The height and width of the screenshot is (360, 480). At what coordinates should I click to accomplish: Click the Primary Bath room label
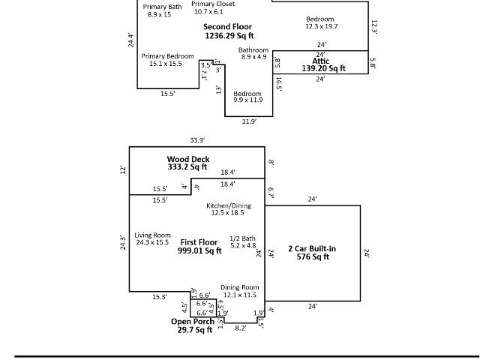pos(162,10)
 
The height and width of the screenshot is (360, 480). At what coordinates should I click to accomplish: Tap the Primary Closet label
pos(213,7)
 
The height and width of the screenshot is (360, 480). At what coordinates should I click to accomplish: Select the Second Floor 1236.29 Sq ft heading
pos(228,31)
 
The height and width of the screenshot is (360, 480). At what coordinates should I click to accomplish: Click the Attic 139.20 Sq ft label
pos(323,64)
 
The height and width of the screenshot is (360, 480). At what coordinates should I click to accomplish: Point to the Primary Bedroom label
pos(167,60)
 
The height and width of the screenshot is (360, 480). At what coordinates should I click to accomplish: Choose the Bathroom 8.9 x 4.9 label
pos(253,53)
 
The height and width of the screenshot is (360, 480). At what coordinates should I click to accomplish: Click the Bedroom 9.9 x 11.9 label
pos(247,97)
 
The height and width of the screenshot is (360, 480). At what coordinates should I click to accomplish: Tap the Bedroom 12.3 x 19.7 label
pos(321,22)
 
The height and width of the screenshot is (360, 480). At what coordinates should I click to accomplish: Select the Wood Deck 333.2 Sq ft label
pos(188,163)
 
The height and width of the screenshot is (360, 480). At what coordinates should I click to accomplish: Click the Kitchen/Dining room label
pos(228,209)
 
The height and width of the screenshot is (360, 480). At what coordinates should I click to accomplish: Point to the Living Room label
pos(152,238)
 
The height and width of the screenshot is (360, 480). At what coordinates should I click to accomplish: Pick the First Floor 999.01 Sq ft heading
pos(199,247)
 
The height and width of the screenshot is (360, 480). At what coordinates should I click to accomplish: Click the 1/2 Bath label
pos(243,241)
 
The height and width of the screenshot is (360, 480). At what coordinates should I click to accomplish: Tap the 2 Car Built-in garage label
pos(312,253)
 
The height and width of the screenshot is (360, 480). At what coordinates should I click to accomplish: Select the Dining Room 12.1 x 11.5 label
pos(240,291)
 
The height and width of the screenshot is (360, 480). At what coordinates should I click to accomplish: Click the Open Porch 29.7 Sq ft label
pos(193,325)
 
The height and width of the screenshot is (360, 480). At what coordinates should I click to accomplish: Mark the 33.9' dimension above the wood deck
pos(197,140)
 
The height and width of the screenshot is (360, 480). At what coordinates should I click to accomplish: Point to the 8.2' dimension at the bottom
pos(241,328)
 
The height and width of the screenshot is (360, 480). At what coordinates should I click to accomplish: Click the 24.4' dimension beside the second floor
pos(131,40)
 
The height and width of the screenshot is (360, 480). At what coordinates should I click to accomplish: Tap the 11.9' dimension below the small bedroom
pos(249,121)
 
